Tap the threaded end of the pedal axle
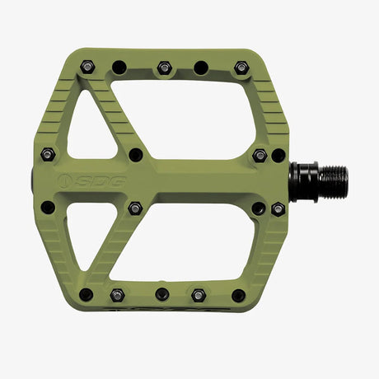[x=333, y=176]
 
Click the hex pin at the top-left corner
[x=87, y=67]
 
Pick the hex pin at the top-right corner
[x=241, y=67]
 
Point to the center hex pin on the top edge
[x=164, y=67]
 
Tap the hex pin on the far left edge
[x=48, y=154]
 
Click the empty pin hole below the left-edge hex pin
[x=48, y=208]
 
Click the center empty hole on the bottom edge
[x=162, y=294]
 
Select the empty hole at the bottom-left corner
[x=86, y=294]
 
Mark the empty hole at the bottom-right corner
[x=238, y=294]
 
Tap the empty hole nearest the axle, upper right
[x=278, y=154]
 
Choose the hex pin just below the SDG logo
[x=135, y=208]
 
